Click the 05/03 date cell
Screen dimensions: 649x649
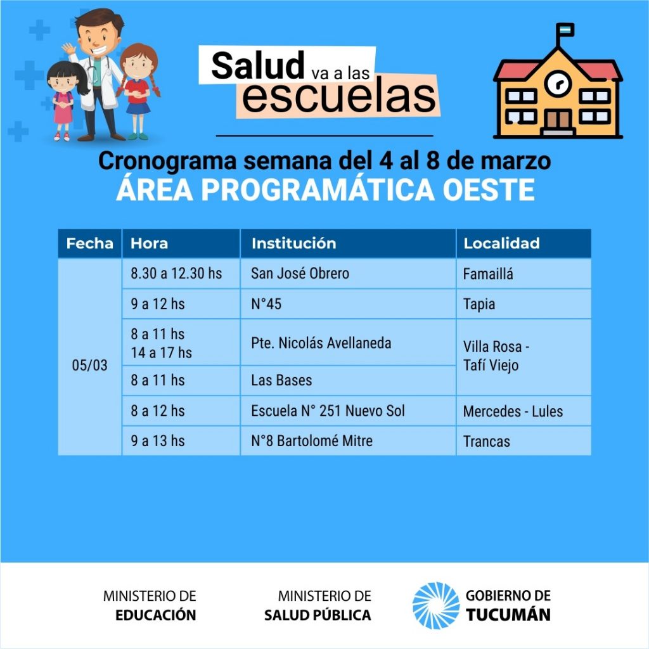point(89,357)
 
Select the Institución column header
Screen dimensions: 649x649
point(348,243)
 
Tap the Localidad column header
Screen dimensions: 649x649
point(524,243)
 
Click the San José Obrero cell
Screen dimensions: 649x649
point(348,274)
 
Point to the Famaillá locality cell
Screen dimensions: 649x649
point(524,274)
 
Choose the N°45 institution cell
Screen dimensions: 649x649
point(348,304)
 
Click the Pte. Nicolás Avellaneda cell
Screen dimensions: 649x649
point(348,342)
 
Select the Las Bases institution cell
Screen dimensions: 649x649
point(348,380)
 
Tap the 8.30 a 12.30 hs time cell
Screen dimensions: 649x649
point(181,274)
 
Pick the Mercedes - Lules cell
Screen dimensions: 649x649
point(524,411)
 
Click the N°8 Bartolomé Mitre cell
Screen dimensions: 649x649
point(348,441)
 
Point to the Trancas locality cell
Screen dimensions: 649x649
point(524,441)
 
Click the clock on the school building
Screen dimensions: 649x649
point(558,83)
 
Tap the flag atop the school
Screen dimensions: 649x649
point(566,30)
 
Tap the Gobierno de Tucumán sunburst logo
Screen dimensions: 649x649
point(436,605)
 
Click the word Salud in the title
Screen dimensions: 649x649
point(258,65)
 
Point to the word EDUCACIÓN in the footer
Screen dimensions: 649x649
point(156,615)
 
